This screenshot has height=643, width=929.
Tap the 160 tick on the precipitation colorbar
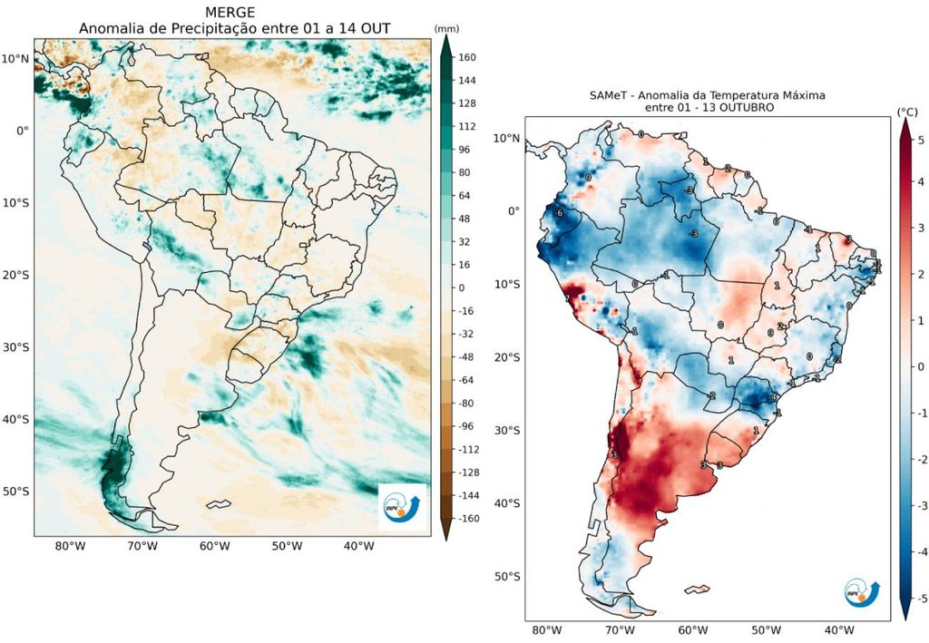click(x=468, y=57)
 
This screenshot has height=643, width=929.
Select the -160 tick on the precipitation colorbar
click(x=470, y=519)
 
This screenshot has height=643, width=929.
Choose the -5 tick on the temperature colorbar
click(x=921, y=598)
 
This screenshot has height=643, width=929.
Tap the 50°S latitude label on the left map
click(x=15, y=492)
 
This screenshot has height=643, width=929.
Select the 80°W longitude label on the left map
click(x=70, y=546)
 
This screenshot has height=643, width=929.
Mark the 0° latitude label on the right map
click(x=513, y=210)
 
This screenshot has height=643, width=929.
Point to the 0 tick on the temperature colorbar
click(x=921, y=366)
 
